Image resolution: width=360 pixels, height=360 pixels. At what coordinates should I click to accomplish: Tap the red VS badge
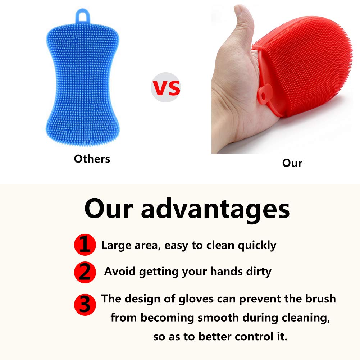pyautogui.click(x=166, y=87)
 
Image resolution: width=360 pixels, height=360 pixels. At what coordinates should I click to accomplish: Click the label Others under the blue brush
pyautogui.click(x=92, y=159)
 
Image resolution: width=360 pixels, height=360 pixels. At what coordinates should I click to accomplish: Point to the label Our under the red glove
pyautogui.click(x=292, y=163)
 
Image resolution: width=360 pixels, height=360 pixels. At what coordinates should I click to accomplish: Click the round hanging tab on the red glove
pyautogui.click(x=264, y=95)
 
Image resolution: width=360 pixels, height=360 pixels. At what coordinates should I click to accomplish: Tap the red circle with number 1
pyautogui.click(x=85, y=245)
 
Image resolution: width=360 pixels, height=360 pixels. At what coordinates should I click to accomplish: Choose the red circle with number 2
pyautogui.click(x=85, y=272)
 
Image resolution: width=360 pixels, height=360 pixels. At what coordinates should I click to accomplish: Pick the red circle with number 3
pyautogui.click(x=85, y=305)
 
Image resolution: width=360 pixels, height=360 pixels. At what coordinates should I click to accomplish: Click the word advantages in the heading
pyautogui.click(x=215, y=210)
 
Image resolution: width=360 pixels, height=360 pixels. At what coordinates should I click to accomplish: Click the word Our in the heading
pyautogui.click(x=109, y=209)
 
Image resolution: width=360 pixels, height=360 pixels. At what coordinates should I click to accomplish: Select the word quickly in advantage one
pyautogui.click(x=257, y=246)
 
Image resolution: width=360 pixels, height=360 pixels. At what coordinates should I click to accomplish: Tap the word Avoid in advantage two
pyautogui.click(x=120, y=271)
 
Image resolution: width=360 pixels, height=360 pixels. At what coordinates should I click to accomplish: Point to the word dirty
pyautogui.click(x=259, y=272)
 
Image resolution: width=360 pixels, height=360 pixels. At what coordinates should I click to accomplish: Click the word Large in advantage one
pyautogui.click(x=116, y=246)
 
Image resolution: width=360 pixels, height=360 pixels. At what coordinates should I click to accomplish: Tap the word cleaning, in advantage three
pyautogui.click(x=306, y=318)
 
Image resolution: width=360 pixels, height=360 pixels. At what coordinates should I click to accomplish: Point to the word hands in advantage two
pyautogui.click(x=226, y=271)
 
